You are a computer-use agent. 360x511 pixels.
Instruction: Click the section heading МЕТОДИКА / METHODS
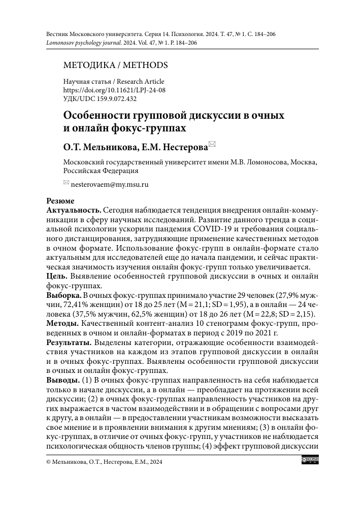115,65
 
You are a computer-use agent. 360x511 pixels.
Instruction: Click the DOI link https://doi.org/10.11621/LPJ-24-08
114,90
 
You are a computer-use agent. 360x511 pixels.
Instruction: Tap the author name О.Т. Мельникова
97,147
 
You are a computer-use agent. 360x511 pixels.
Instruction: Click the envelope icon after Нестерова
212,146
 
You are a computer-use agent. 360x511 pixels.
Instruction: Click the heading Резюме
60,201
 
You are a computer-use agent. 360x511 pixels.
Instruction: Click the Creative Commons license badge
310,461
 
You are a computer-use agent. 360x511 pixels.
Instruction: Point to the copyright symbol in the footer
48,462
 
